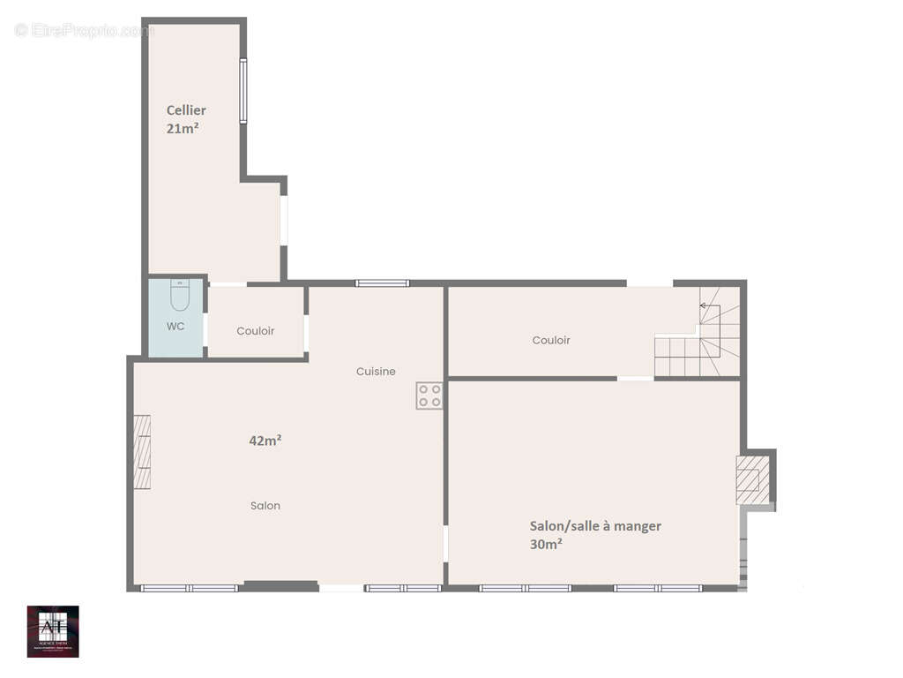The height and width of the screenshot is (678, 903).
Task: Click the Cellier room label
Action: [186, 110]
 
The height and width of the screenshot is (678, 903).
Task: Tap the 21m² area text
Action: [183, 128]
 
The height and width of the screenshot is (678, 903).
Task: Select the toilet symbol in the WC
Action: [180, 296]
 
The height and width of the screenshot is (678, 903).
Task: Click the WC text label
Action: [175, 326]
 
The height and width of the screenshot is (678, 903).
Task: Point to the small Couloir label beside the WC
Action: [256, 331]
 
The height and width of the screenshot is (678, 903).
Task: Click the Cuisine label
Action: [376, 372]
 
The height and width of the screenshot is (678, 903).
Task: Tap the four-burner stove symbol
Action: [429, 395]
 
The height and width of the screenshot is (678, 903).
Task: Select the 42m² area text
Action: [265, 440]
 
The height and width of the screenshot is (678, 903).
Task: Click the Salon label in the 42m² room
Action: [265, 506]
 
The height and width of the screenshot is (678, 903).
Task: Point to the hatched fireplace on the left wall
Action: [142, 452]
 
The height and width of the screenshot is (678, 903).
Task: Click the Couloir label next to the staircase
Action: [551, 340]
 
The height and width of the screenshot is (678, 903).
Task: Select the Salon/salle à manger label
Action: [595, 526]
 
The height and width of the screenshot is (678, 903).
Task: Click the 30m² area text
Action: [547, 545]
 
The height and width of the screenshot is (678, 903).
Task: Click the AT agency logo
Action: [53, 631]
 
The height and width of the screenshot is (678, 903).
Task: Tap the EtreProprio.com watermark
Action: [84, 31]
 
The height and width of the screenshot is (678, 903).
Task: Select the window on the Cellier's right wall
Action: [243, 91]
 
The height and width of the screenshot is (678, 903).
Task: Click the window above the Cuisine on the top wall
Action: [382, 283]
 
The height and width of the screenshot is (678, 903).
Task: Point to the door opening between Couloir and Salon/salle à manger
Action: [635, 379]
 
